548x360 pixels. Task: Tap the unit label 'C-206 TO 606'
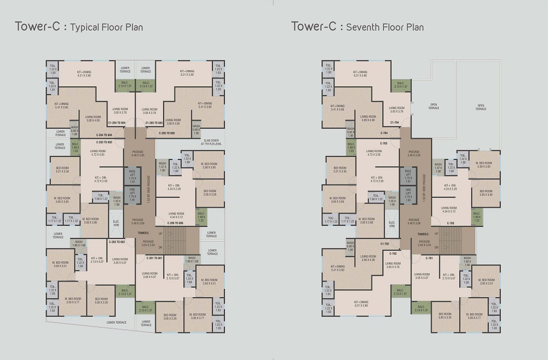pyautogui.click(x=173, y=222)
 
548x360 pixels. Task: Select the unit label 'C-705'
pyautogui.click(x=450, y=222)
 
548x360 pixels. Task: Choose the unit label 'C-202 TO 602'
pyautogui.click(x=117, y=242)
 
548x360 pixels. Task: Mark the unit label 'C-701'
pyautogui.click(x=429, y=258)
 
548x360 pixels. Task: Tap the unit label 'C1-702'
pyautogui.click(x=385, y=243)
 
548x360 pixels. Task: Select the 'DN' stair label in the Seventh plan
pyautogui.click(x=437, y=248)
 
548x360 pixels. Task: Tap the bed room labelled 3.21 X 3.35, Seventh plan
pyautogui.click(x=340, y=169)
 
